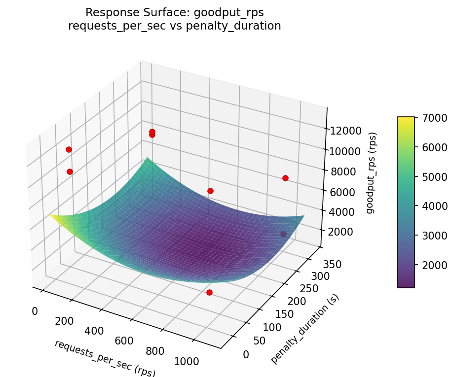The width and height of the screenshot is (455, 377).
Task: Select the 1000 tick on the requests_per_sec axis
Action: click(x=187, y=362)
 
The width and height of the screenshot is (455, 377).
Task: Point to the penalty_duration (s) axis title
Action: click(x=305, y=329)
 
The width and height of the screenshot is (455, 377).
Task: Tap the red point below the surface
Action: click(x=209, y=292)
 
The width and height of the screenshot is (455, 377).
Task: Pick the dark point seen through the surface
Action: click(x=283, y=234)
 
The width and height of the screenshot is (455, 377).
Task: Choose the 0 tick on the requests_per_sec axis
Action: click(x=35, y=311)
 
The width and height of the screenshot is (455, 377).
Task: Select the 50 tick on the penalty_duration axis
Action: click(x=259, y=341)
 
